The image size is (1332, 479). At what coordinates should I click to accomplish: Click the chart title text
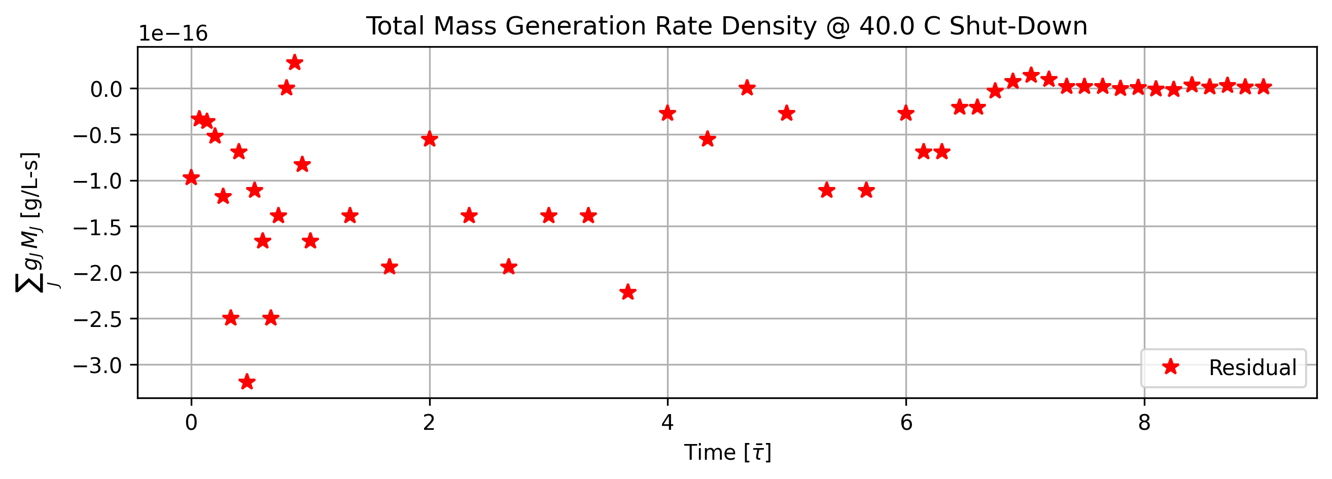pos(726,26)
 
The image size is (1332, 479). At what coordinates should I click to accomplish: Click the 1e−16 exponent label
pos(172,33)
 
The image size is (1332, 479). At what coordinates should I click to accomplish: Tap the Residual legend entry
pos(1223,367)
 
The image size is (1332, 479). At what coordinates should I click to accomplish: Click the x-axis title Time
pos(727,452)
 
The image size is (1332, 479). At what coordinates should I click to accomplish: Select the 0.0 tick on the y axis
pos(106,89)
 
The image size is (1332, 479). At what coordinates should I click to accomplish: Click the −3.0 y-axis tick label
pos(98,365)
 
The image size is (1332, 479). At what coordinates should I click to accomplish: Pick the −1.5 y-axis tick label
pos(98,227)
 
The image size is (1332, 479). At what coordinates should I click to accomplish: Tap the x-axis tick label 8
pos(1144,422)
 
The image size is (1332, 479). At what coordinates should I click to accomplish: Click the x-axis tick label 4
pos(668,422)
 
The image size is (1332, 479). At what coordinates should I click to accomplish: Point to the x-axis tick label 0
pos(191,422)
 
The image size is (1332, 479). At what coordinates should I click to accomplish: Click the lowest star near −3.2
pos(247,382)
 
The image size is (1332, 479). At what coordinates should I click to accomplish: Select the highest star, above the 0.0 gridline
pos(294,62)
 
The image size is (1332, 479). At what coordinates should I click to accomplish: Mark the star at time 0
pos(191,177)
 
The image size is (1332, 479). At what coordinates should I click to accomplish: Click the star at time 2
pos(429,138)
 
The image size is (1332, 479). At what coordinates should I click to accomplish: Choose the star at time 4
pos(668,113)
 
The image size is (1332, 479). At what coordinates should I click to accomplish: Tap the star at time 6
pos(906,113)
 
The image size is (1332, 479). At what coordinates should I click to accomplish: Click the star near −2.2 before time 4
pos(628,292)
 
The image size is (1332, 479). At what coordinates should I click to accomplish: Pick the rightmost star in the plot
pos(1263,86)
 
